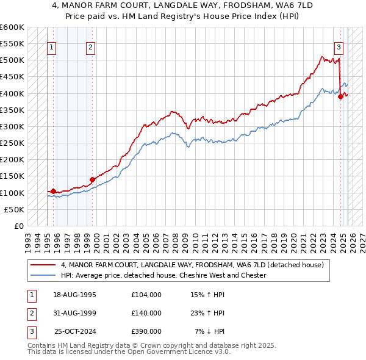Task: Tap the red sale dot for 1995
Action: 53,191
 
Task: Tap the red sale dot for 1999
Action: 93,179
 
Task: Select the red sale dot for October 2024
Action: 340,96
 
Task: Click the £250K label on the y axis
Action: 12,143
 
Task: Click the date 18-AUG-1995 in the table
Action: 76,295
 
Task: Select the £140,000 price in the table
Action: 146,313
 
